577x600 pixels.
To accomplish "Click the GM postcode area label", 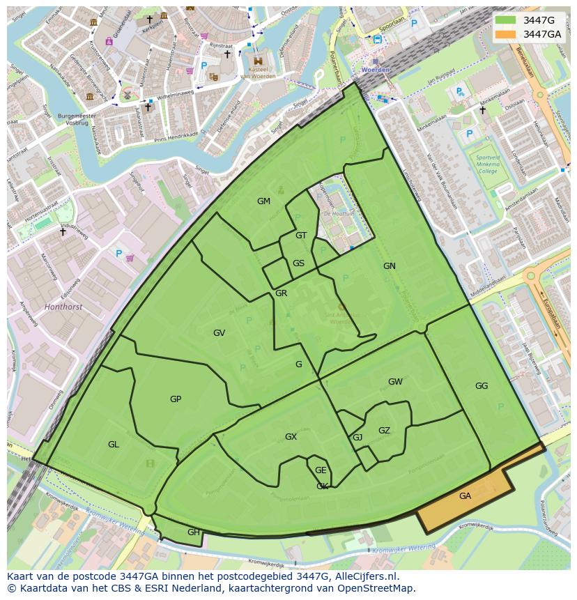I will pyautogui.click(x=263, y=201).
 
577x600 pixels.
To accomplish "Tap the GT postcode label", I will pyautogui.click(x=301, y=235).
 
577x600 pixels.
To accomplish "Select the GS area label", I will pyautogui.click(x=298, y=263).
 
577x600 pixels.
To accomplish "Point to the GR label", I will pyautogui.click(x=281, y=293).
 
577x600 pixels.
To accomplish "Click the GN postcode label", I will pyautogui.click(x=389, y=266).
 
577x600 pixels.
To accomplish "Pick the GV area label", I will pyautogui.click(x=219, y=332).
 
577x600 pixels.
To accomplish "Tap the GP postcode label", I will pyautogui.click(x=176, y=399).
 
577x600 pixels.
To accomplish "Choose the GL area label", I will pyautogui.click(x=113, y=444).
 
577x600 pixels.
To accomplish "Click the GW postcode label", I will pyautogui.click(x=395, y=381).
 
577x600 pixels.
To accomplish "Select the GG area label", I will pyautogui.click(x=482, y=385).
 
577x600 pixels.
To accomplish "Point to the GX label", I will pyautogui.click(x=291, y=436).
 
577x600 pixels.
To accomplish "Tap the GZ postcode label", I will pyautogui.click(x=384, y=430).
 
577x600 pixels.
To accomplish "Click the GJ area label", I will pyautogui.click(x=357, y=437).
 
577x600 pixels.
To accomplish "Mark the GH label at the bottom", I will pyautogui.click(x=193, y=532).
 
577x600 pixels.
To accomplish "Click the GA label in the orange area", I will pyautogui.click(x=465, y=495).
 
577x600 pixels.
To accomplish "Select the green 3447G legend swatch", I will pyautogui.click(x=506, y=20).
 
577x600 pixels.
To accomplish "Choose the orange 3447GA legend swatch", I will pyautogui.click(x=506, y=34).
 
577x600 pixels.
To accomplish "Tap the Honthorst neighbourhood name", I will pyautogui.click(x=63, y=306).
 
